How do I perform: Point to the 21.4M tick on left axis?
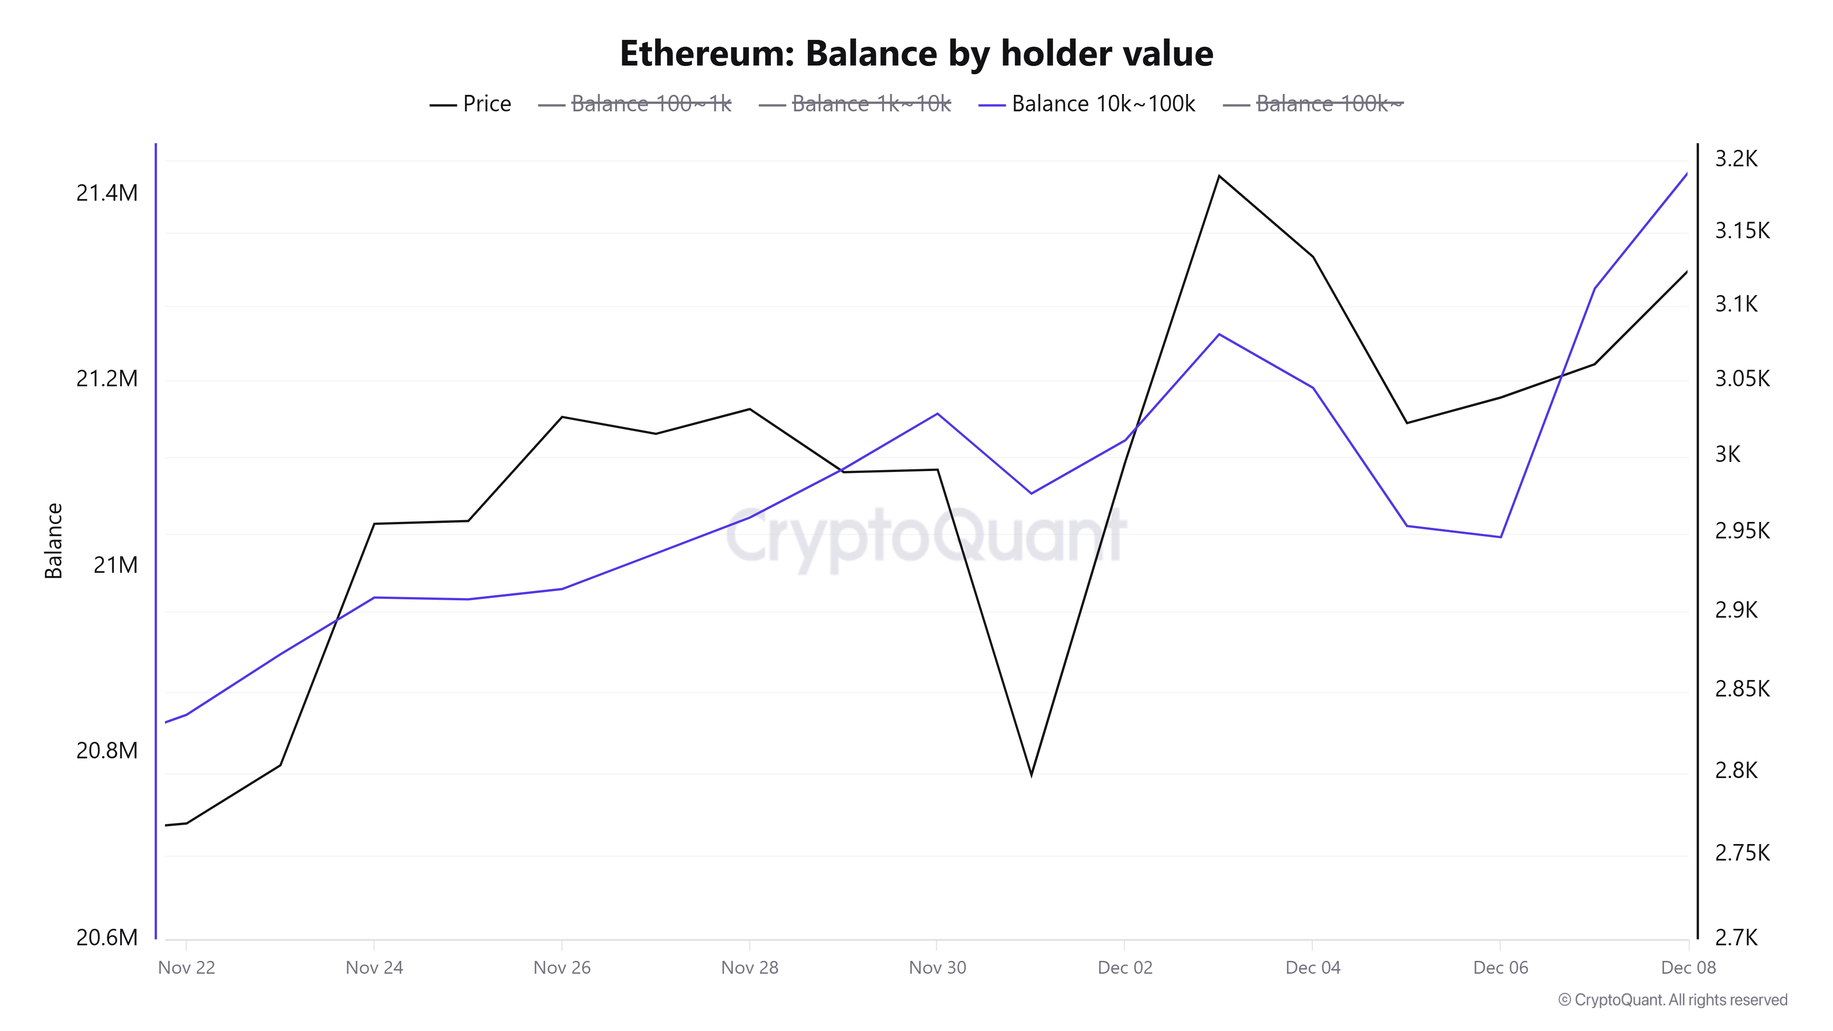[107, 193]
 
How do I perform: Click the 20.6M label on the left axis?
[107, 937]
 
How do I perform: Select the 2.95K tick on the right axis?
[1741, 531]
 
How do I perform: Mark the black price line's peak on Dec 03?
[1219, 175]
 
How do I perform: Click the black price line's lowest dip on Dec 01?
[1031, 775]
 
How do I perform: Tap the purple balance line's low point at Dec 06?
[1500, 537]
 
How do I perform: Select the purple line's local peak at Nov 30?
[937, 413]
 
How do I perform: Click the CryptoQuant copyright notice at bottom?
[1672, 1000]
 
